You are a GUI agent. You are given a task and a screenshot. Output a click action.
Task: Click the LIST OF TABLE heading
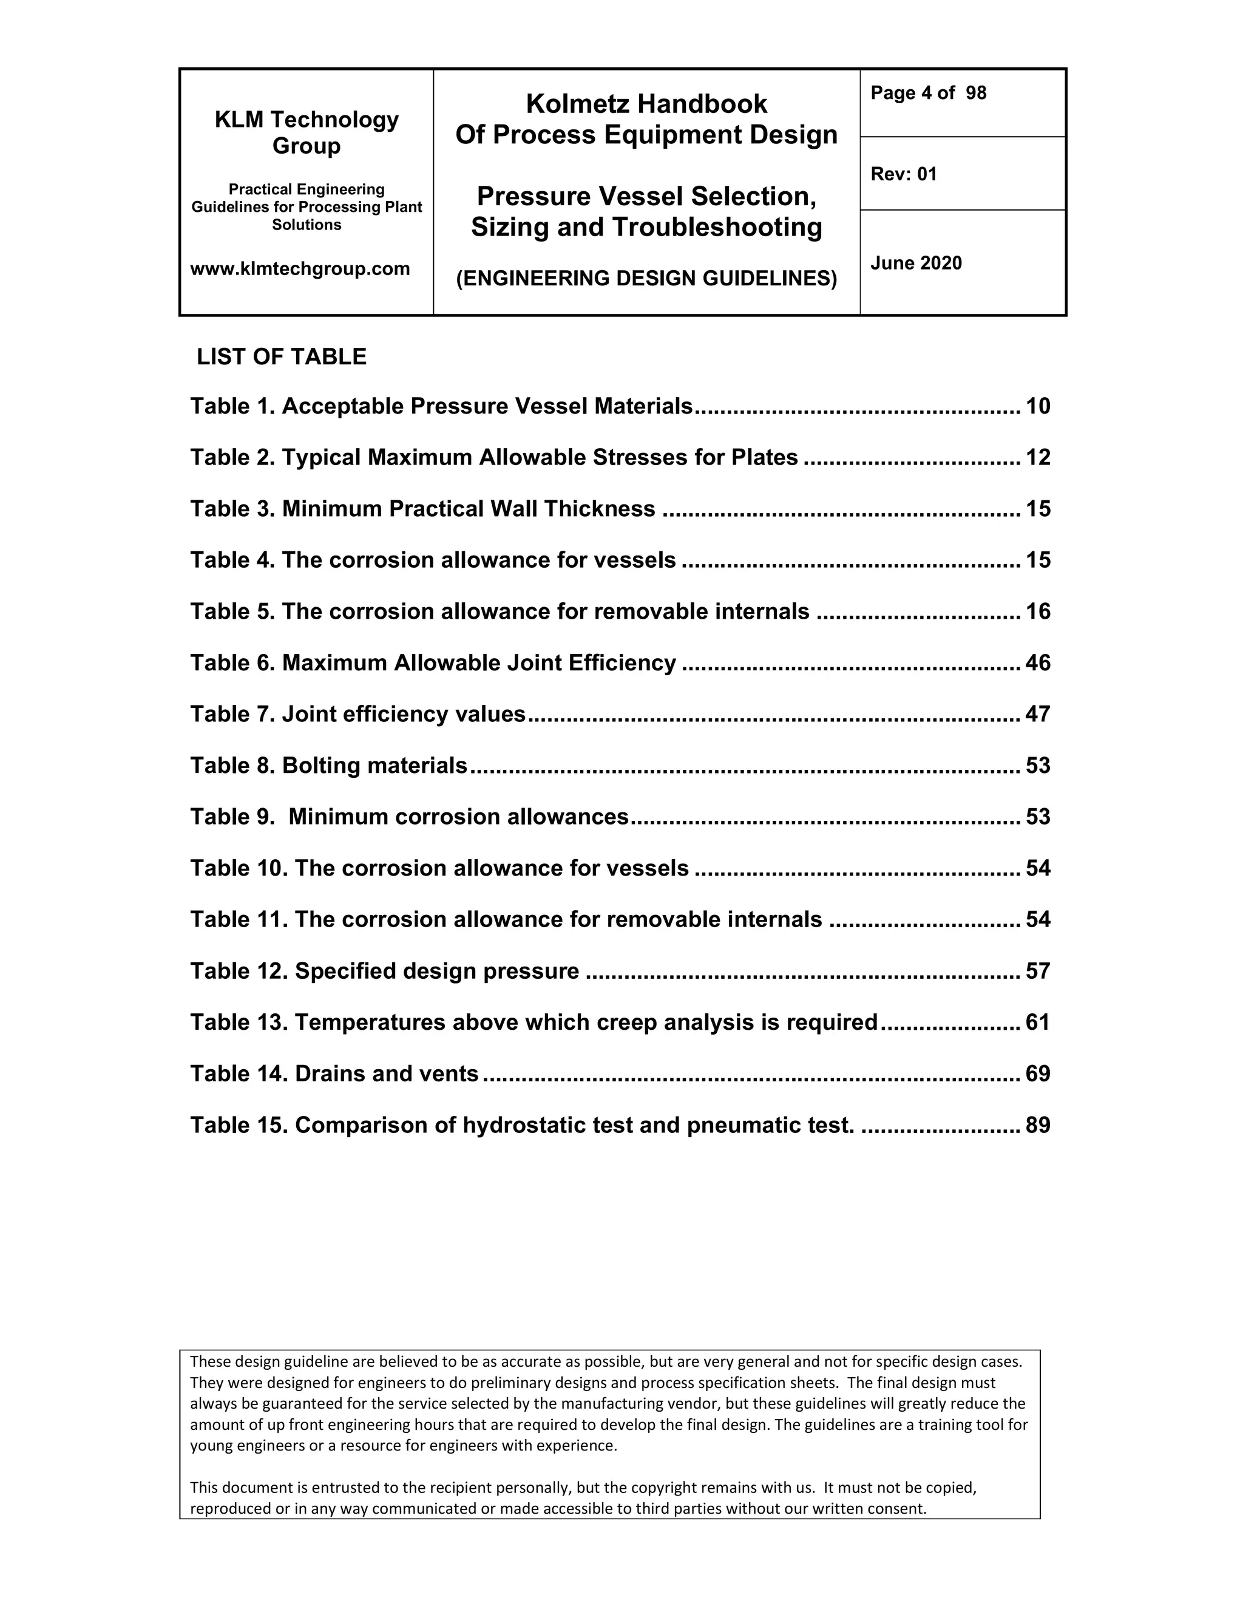tap(281, 356)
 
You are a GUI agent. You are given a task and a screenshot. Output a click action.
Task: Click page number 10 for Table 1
tap(1037, 406)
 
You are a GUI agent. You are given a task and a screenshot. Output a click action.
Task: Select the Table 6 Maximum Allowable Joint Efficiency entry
tap(433, 663)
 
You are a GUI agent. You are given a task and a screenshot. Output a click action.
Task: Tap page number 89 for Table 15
tap(1037, 1125)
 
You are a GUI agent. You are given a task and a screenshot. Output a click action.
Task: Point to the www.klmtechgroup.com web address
tap(300, 269)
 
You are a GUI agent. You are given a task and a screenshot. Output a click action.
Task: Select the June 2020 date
tap(916, 263)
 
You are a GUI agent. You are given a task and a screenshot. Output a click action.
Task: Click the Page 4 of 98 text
tap(928, 93)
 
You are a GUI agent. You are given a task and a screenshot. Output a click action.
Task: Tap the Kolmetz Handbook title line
tap(646, 104)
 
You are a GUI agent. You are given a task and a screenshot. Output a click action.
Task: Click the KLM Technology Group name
tap(307, 132)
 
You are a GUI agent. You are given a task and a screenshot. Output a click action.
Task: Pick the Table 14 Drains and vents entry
tap(334, 1073)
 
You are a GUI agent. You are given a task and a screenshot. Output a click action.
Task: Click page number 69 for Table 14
tap(1037, 1073)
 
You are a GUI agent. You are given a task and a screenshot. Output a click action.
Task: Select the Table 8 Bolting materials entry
tap(328, 766)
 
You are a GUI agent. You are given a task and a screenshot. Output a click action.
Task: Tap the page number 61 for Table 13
tap(1037, 1022)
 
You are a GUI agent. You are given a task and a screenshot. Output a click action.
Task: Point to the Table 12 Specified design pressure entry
tap(384, 971)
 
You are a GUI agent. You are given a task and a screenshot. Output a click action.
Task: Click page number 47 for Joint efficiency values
tap(1037, 714)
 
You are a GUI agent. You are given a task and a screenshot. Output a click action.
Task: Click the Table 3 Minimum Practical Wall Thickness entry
tap(422, 509)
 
